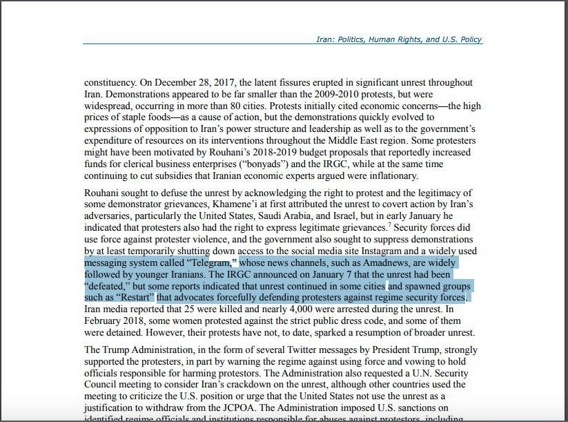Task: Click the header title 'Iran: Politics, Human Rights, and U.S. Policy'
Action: click(x=399, y=39)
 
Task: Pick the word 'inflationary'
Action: click(x=393, y=176)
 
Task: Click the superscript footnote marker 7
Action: click(x=390, y=225)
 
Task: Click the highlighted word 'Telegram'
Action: click(x=212, y=263)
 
